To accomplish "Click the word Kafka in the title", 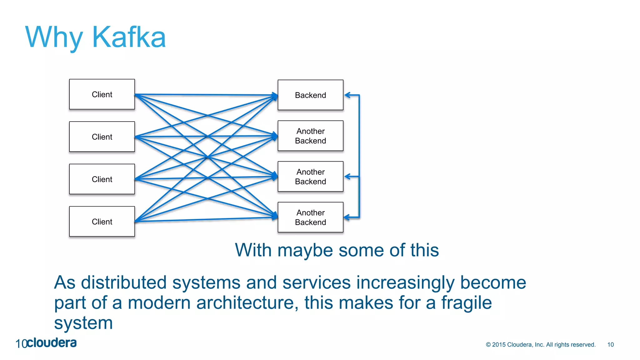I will tap(129, 37).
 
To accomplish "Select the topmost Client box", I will tap(102, 94).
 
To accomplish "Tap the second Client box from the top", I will tap(102, 137).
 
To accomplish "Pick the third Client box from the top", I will tap(102, 179).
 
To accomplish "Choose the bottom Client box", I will tap(102, 222).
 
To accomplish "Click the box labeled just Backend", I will tap(310, 95).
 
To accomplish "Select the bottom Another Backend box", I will tap(310, 217).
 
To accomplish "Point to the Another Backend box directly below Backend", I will tap(310, 136).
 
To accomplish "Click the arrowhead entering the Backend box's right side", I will tap(347, 95).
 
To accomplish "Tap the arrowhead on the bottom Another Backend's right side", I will tap(347, 217).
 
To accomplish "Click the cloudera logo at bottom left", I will tap(52, 343).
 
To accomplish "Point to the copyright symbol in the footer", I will tap(488, 345).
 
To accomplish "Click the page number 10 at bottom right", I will tap(610, 345).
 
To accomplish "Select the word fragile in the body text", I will tap(466, 303).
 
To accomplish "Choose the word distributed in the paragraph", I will tap(124, 282).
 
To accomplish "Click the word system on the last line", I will tap(83, 323).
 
